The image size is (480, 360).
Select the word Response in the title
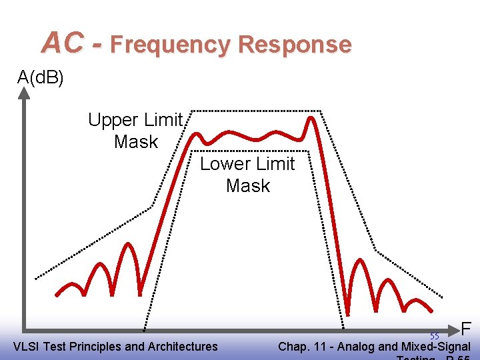point(294,45)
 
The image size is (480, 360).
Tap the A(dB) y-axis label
point(41,78)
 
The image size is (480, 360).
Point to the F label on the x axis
point(467,329)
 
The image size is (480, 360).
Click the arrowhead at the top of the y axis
point(24,93)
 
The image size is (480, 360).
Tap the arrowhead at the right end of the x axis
point(455,329)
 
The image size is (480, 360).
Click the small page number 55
point(434,337)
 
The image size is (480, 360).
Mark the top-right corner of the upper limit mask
point(320,111)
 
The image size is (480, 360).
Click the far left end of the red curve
point(57,293)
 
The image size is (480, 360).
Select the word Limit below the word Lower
point(273,164)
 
